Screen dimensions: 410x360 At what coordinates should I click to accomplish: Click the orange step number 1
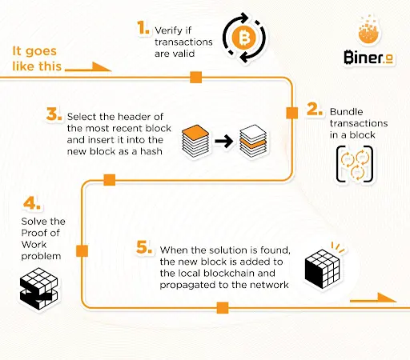[x=143, y=28]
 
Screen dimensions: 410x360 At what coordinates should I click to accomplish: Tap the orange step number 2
[x=315, y=110]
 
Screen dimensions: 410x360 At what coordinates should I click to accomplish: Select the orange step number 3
[x=54, y=114]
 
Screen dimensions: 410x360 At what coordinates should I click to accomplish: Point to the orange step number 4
[x=32, y=203]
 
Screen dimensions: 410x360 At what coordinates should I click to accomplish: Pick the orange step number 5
[x=144, y=247]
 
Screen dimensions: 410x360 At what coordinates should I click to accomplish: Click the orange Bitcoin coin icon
[x=244, y=38]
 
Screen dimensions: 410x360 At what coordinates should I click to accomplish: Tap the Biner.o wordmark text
[x=368, y=58]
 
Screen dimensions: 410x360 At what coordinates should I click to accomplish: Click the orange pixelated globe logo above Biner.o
[x=368, y=30]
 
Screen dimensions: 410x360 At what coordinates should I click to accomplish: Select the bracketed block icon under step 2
[x=355, y=164]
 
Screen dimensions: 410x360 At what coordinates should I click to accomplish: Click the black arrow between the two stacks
[x=224, y=141]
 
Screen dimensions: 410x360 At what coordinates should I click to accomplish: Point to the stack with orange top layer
[x=195, y=141]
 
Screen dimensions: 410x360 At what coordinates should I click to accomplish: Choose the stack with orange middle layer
[x=253, y=141]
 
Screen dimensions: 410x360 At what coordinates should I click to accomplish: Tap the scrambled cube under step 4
[x=39, y=289]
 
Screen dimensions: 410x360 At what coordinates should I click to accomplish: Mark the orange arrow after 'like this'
[x=88, y=67]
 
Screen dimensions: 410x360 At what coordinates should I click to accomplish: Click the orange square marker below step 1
[x=196, y=78]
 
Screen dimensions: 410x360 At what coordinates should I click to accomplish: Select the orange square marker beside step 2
[x=292, y=113]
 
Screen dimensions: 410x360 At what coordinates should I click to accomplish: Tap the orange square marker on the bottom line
[x=223, y=308]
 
